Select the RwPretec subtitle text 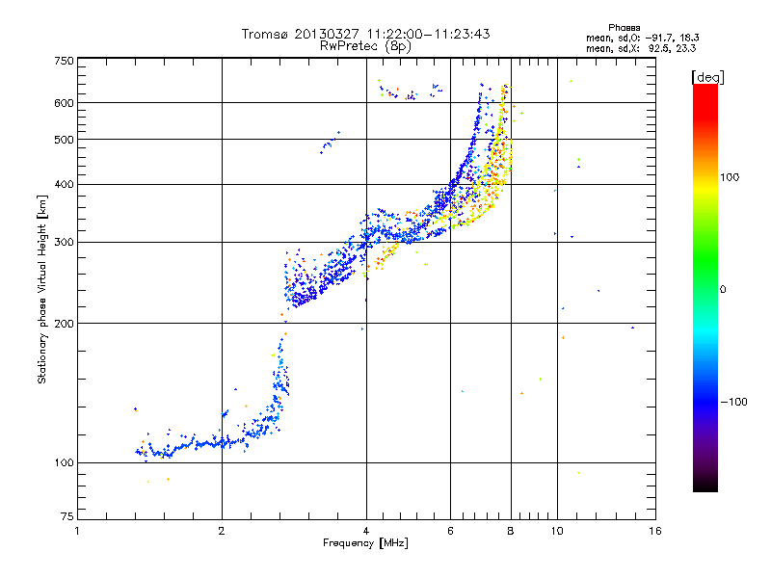point(365,46)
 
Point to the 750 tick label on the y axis point(64,61)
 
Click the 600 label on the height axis point(64,103)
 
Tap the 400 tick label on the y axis point(64,184)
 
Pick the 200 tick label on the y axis point(64,324)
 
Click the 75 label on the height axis point(67,516)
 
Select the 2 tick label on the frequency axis point(222,531)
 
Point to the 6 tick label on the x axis point(450,531)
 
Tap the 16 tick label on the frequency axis point(655,531)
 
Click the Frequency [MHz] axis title point(365,543)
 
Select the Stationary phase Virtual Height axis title point(42,290)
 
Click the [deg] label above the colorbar point(707,77)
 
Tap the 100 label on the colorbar point(730,177)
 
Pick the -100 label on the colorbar point(733,402)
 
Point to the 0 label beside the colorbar point(723,290)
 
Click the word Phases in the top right point(624,28)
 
